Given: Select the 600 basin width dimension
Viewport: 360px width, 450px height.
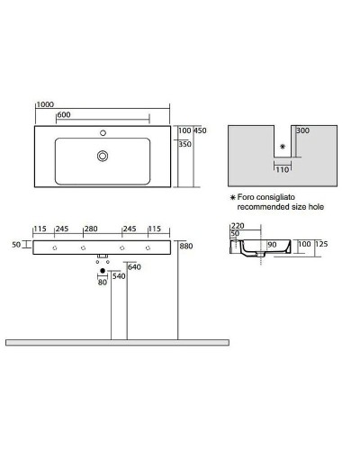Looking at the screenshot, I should coord(64,114).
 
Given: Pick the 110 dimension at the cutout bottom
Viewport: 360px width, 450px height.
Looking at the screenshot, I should coord(283,168).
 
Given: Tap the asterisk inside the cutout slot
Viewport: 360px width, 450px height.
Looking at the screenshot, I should coord(283,146).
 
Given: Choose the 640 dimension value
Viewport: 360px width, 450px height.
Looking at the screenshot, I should coord(135,266).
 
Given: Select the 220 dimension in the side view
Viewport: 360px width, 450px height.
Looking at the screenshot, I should coord(238,227).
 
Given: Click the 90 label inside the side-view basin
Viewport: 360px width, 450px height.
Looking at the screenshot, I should coord(272,244).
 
